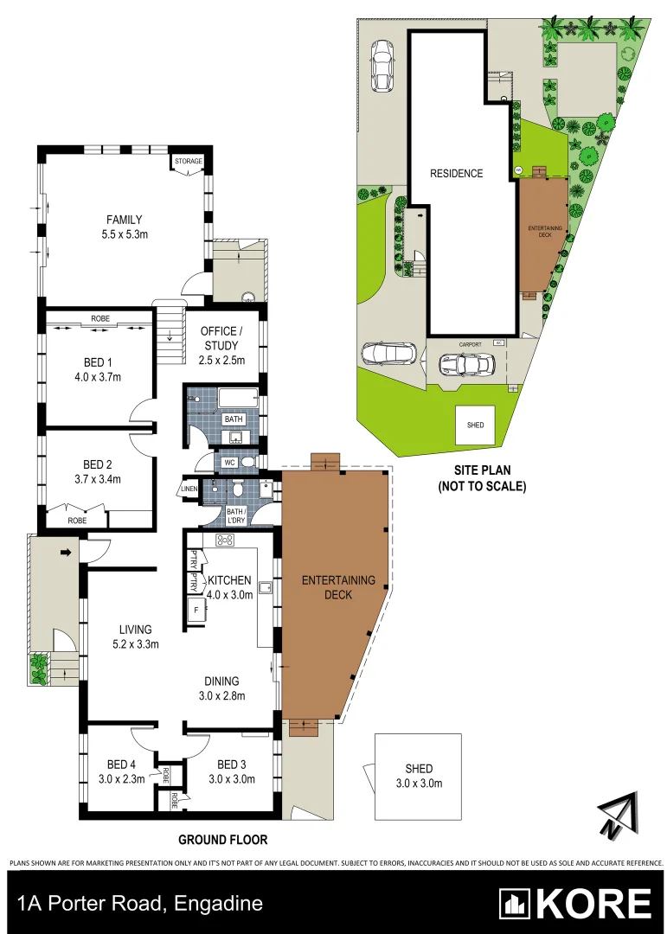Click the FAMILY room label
(x=124, y=220)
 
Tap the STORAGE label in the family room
(x=188, y=162)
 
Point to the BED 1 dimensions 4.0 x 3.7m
(x=96, y=377)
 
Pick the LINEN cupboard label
(x=189, y=489)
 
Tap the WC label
(x=229, y=463)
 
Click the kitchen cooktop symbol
(x=226, y=541)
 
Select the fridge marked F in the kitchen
(x=196, y=611)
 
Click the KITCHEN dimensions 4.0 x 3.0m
(x=228, y=594)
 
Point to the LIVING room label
(x=137, y=630)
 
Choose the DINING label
(x=222, y=681)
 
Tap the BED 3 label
(x=232, y=764)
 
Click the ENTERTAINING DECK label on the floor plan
(x=338, y=587)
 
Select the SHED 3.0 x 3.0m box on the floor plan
(x=419, y=776)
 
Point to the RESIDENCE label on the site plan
(x=457, y=173)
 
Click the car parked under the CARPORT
(x=467, y=365)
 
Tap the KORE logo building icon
(x=515, y=904)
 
